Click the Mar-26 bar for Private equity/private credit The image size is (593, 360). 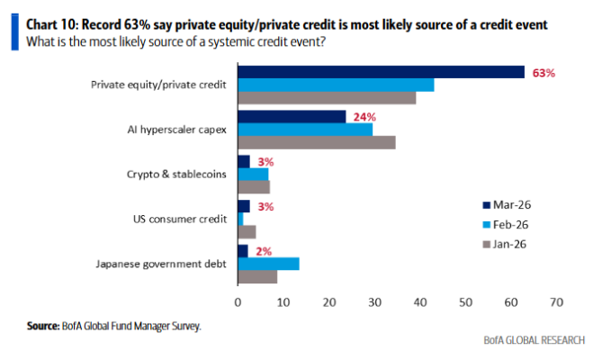(380, 72)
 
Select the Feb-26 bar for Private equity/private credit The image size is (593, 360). (335, 85)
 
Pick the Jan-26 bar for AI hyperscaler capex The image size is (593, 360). (316, 142)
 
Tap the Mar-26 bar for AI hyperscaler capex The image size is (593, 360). (291, 117)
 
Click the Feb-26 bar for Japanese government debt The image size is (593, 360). (268, 264)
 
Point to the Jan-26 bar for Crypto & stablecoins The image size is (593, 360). (253, 187)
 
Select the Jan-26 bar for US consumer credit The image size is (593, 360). (246, 231)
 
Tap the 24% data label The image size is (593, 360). (364, 117)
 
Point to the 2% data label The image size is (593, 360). (265, 251)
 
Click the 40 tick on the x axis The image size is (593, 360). (419, 301)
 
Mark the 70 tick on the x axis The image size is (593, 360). (556, 301)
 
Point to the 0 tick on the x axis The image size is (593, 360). (238, 301)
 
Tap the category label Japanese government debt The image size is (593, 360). (160, 264)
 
